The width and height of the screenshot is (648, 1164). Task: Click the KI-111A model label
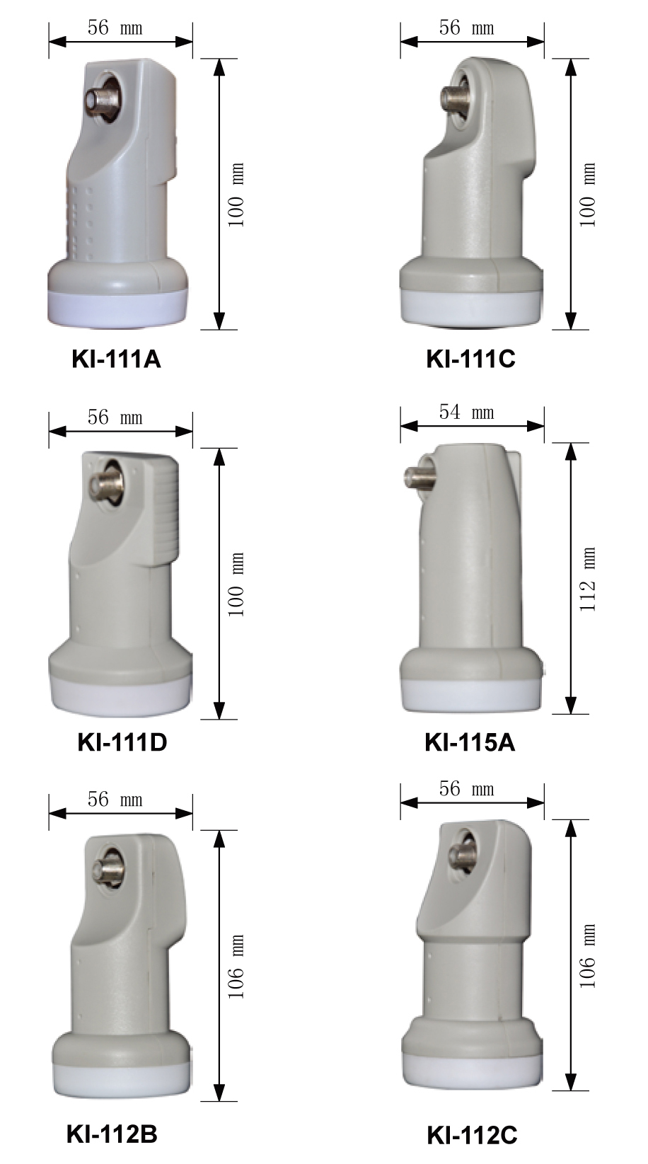pos(116,359)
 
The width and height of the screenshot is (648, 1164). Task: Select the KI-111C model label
pos(471,359)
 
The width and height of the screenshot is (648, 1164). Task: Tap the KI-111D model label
pos(122,742)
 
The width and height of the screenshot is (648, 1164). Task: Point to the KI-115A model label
pos(470,742)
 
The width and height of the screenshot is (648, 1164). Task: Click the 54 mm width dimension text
pos(467,412)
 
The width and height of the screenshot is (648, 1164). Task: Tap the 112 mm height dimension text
pos(587,579)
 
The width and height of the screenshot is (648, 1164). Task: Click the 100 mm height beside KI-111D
pos(236,584)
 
